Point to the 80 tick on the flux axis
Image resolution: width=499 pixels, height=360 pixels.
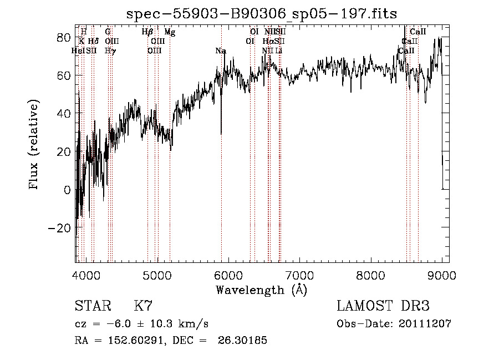coord(63,37)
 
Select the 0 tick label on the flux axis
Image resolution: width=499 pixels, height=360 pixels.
coord(67,190)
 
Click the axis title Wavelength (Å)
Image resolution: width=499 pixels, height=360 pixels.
coord(261,290)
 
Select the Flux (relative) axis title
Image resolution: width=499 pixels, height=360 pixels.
coord(34,144)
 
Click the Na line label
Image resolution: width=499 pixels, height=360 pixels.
coord(221,51)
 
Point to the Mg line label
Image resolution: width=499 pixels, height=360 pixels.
coord(170,33)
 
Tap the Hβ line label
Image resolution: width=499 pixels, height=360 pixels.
coord(147,33)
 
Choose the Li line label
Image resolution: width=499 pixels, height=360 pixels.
coord(279,51)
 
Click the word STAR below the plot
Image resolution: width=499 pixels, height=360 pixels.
coord(92,306)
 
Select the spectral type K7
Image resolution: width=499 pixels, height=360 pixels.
coord(143,306)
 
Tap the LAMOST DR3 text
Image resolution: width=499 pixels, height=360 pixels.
coord(383,306)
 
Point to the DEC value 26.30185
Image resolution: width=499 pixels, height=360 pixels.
coord(244,341)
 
